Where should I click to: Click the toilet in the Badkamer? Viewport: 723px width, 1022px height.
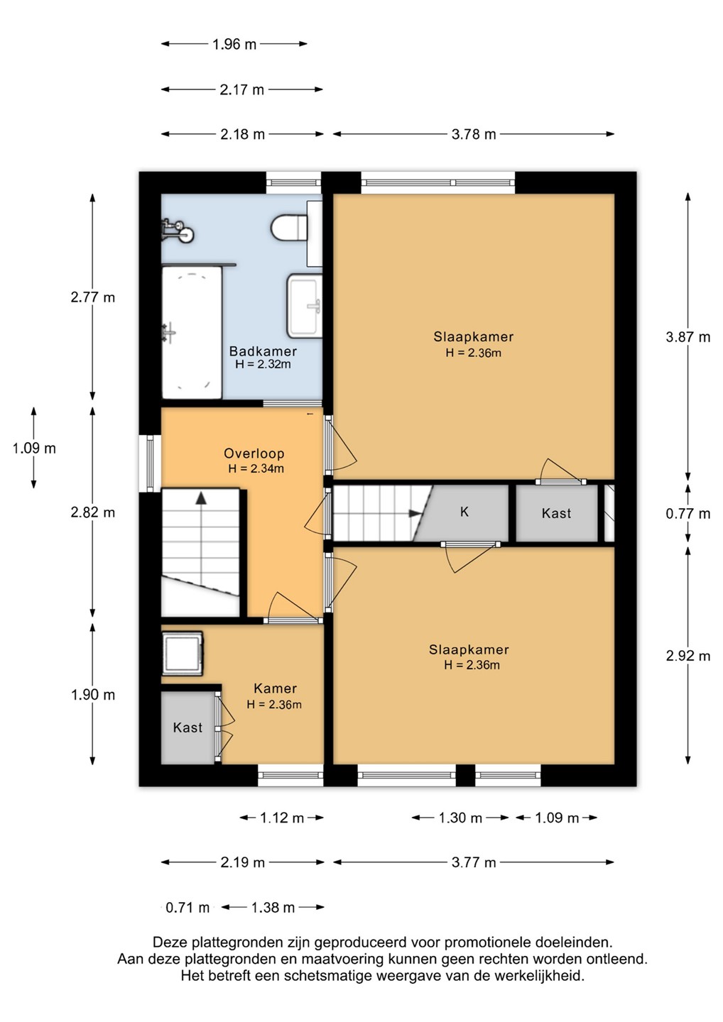(x=289, y=227)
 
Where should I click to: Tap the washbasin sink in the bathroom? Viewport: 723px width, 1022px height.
(x=305, y=306)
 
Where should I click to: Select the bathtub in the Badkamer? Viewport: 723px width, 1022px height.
(x=192, y=333)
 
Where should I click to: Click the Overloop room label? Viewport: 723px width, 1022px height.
(x=254, y=454)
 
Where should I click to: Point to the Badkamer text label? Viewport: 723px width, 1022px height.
(x=263, y=351)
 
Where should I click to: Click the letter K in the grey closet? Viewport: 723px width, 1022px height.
(x=464, y=512)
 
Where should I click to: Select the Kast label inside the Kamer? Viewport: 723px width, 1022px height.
(x=187, y=727)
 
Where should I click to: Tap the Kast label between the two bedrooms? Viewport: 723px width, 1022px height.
(x=556, y=513)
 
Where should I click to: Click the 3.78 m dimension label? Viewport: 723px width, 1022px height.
(x=474, y=134)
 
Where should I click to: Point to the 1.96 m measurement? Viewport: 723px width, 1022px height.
(x=234, y=44)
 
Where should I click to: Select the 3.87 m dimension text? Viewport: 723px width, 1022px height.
(x=688, y=337)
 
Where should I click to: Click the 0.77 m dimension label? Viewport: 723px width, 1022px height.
(x=688, y=514)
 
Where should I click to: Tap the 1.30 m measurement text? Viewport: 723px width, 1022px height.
(x=460, y=818)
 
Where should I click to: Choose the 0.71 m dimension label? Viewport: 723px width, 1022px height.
(x=187, y=908)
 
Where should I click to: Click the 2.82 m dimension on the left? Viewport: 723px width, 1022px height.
(x=92, y=512)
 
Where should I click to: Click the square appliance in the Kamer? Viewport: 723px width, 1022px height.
(x=182, y=653)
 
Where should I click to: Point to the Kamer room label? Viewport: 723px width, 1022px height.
(x=276, y=688)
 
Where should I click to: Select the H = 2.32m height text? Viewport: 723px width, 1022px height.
(x=263, y=364)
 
